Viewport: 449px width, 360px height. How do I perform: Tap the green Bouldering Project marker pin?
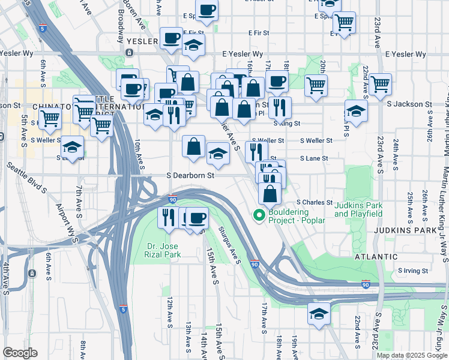259,215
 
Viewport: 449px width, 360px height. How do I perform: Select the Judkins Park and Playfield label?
358,209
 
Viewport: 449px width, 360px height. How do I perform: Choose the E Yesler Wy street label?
243,54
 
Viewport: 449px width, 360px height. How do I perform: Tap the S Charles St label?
316,202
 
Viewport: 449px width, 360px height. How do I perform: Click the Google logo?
20,353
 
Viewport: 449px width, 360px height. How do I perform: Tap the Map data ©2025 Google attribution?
412,355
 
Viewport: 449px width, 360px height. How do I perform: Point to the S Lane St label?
316,158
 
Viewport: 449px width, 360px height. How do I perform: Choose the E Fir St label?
193,33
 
